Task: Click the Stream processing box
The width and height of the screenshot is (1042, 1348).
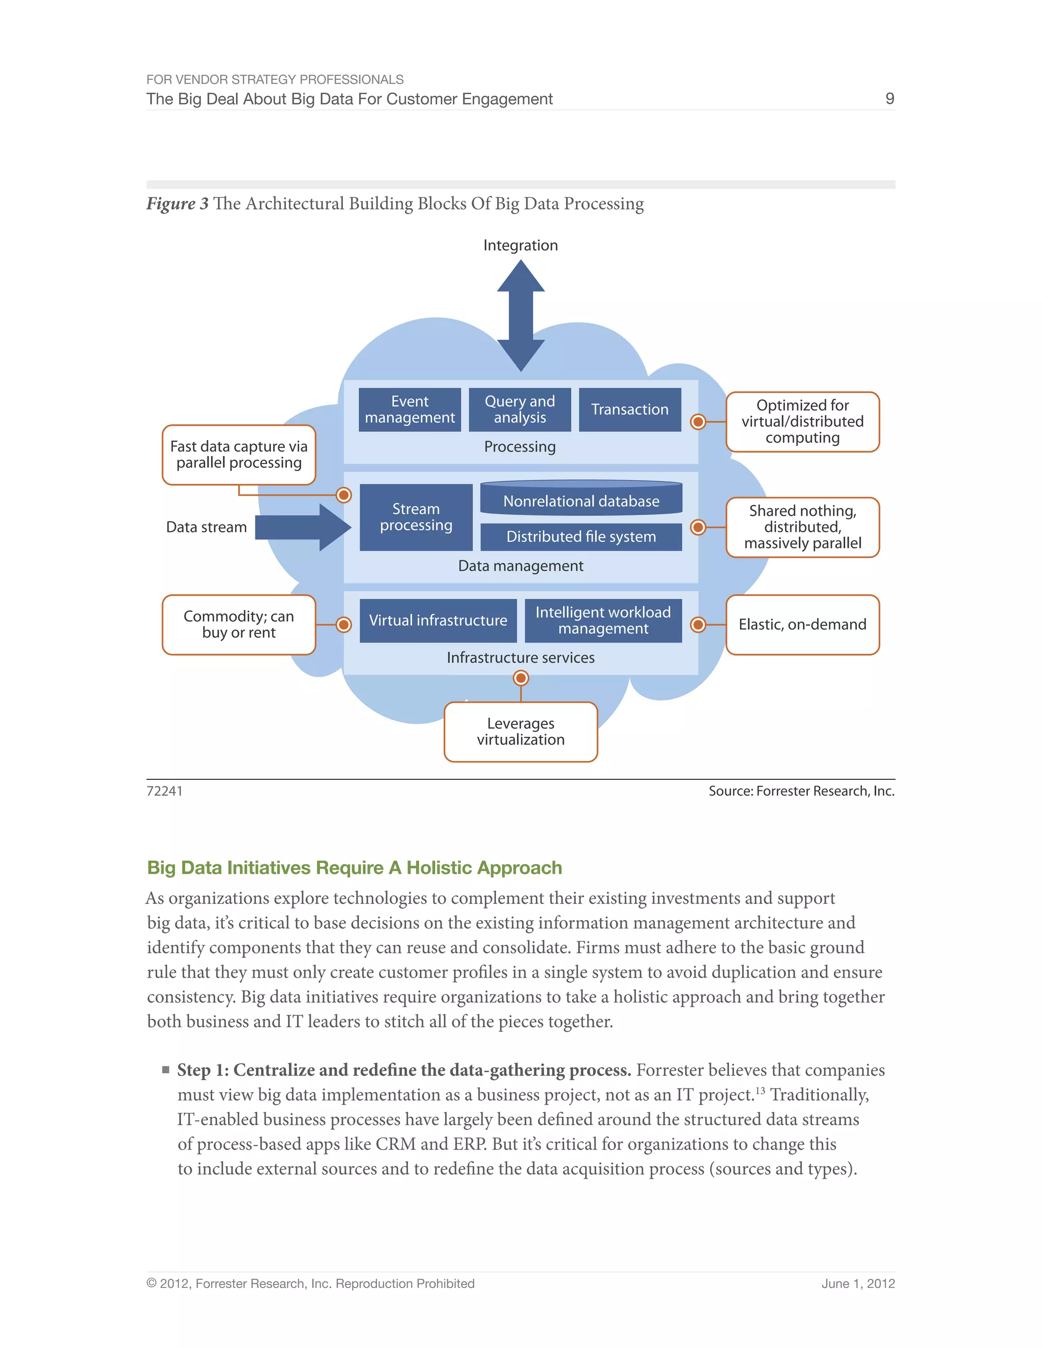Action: click(416, 517)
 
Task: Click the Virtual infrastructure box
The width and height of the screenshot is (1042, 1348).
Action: click(438, 620)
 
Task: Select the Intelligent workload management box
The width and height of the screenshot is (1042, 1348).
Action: click(602, 620)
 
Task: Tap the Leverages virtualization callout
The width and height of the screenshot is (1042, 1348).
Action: click(520, 731)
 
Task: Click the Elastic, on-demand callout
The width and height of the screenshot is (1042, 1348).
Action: click(802, 625)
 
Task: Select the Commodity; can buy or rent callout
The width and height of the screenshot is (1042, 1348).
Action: click(239, 625)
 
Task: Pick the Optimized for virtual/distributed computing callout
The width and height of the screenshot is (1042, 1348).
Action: click(802, 422)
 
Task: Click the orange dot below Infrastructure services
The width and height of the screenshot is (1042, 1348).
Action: click(520, 678)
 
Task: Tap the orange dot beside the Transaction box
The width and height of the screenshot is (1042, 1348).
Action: click(698, 422)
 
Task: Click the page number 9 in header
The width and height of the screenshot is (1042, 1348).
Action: click(889, 99)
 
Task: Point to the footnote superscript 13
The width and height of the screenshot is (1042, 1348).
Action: click(760, 1091)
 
